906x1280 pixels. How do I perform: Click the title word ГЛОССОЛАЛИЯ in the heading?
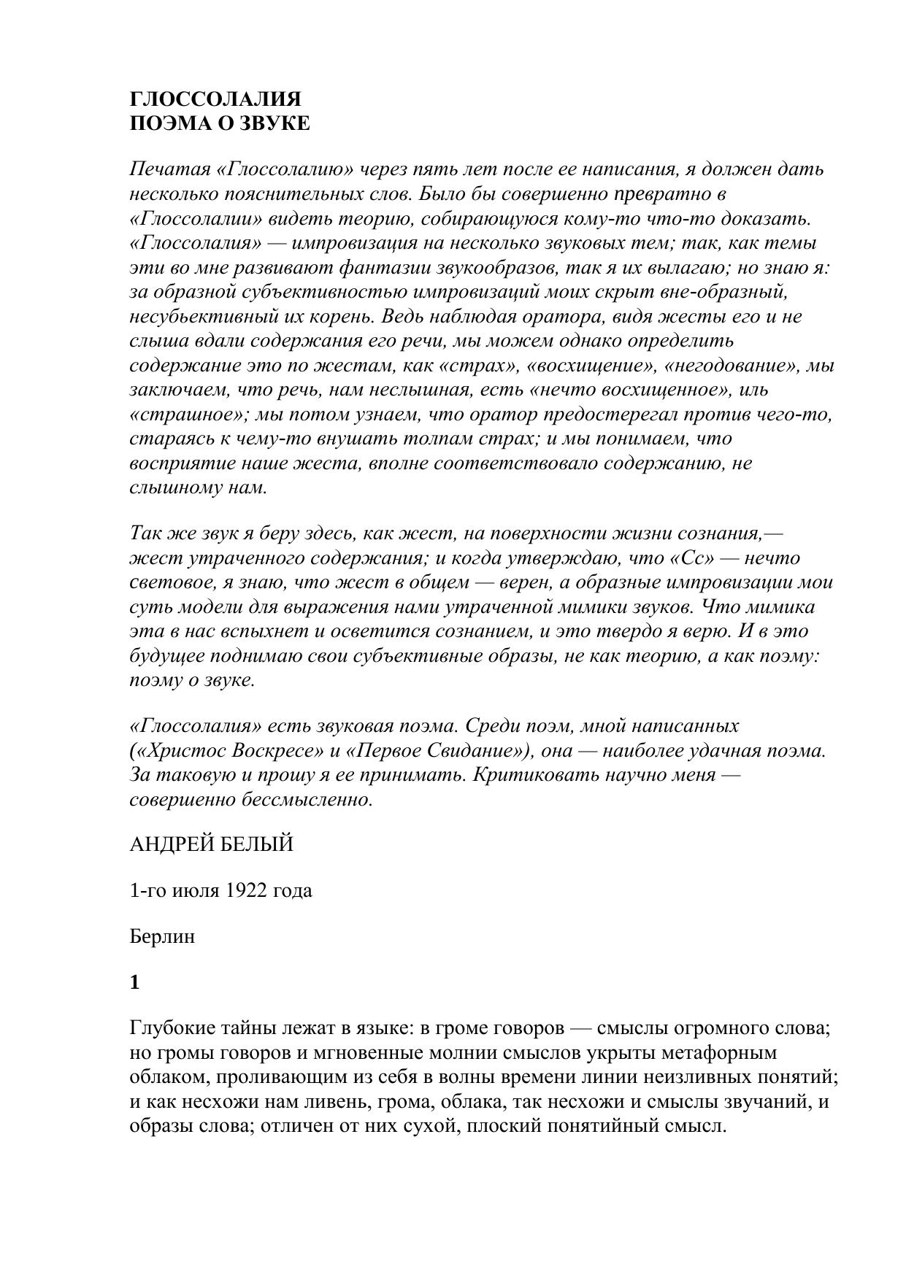(215, 99)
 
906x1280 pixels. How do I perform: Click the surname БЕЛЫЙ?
(258, 844)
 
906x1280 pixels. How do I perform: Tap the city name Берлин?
(162, 937)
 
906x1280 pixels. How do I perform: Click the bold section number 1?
(134, 983)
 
